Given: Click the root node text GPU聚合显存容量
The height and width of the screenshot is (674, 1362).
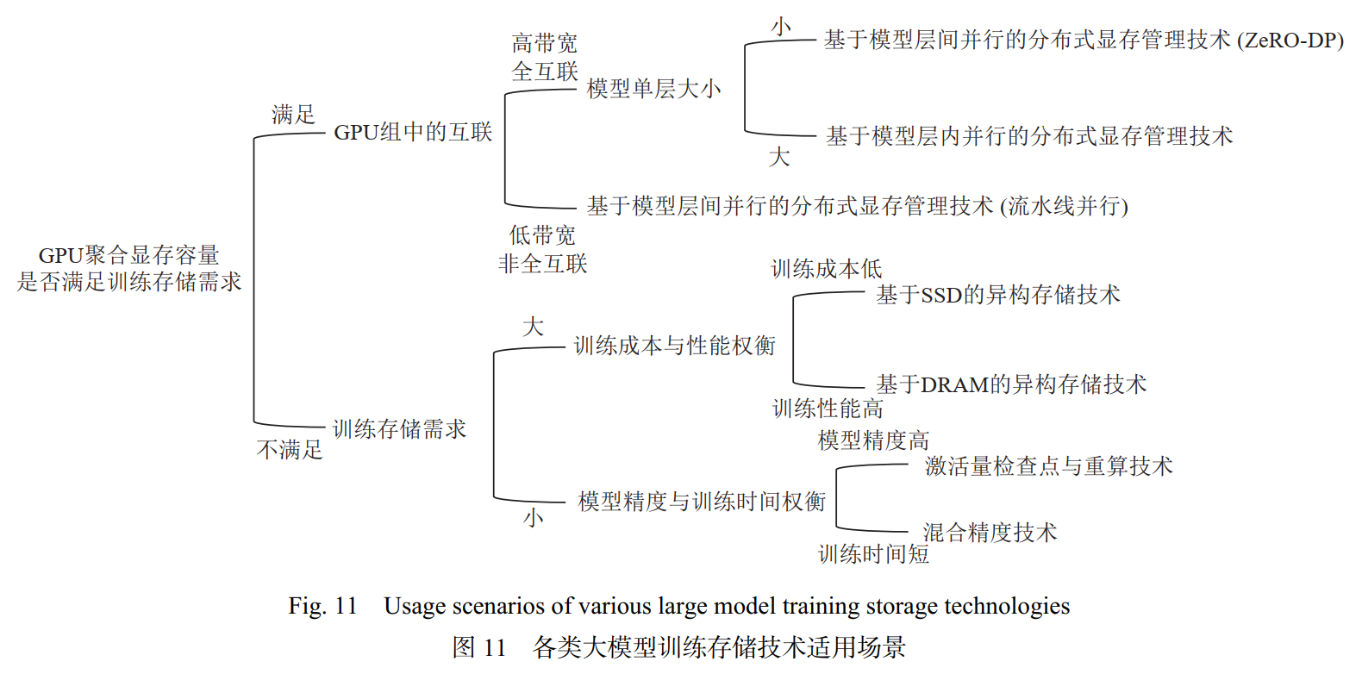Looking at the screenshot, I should (129, 255).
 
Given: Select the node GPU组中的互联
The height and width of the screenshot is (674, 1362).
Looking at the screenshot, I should (413, 132).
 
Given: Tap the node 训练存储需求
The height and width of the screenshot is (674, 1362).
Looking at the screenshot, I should (399, 429).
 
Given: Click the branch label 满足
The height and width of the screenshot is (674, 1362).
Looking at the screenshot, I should (293, 114).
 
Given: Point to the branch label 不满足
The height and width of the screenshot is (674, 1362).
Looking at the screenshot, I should (290, 449).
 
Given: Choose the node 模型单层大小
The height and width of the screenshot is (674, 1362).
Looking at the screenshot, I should (653, 89).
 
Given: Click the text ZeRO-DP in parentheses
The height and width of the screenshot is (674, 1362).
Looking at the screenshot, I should (1290, 41).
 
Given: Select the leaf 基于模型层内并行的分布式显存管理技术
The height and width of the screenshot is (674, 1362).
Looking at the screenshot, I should (1029, 136).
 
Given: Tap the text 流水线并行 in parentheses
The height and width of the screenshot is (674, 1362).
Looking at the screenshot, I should (1064, 206).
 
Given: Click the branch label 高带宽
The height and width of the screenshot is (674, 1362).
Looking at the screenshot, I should (544, 43).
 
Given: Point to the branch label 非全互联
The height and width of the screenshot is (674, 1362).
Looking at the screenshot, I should (542, 264).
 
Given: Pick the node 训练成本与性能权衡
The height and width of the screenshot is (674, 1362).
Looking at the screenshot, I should (674, 346).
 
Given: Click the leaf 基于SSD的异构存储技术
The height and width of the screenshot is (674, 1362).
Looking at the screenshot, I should (998, 295).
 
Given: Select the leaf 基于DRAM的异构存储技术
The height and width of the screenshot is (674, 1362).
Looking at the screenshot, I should (1011, 384).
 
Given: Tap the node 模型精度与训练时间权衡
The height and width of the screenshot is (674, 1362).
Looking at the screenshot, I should (702, 502).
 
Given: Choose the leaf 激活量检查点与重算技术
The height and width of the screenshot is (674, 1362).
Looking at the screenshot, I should (1048, 466).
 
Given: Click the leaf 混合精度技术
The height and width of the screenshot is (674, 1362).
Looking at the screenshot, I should (990, 533).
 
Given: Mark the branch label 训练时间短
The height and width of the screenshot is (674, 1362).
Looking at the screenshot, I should (873, 554).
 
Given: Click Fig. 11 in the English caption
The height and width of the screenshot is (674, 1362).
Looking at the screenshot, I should (322, 606).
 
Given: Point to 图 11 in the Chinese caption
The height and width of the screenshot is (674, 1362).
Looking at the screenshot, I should (478, 647).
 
